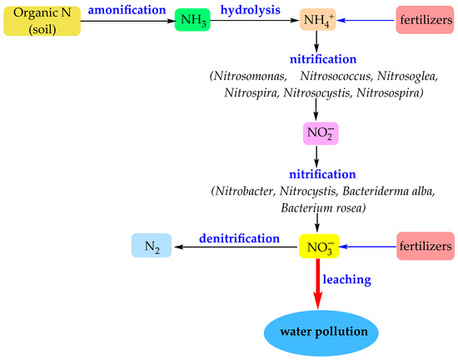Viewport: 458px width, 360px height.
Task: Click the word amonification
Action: [x=104, y=9]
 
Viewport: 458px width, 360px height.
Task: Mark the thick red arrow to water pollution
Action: [x=316, y=283]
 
